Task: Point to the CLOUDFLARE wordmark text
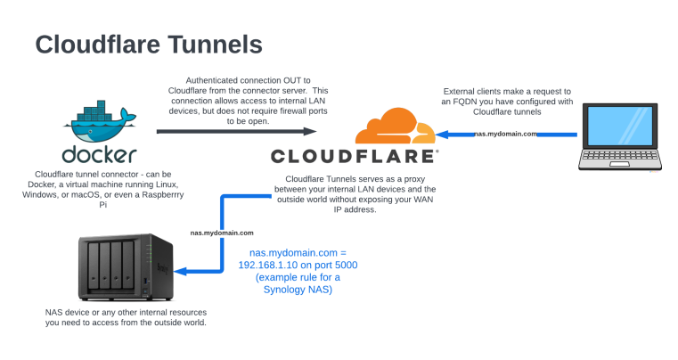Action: pyautogui.click(x=354, y=157)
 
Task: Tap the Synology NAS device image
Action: pyautogui.click(x=117, y=268)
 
